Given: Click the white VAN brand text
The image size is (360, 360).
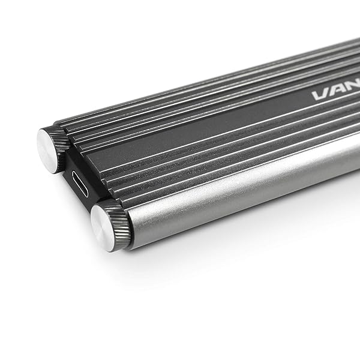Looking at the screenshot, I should [336, 95].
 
